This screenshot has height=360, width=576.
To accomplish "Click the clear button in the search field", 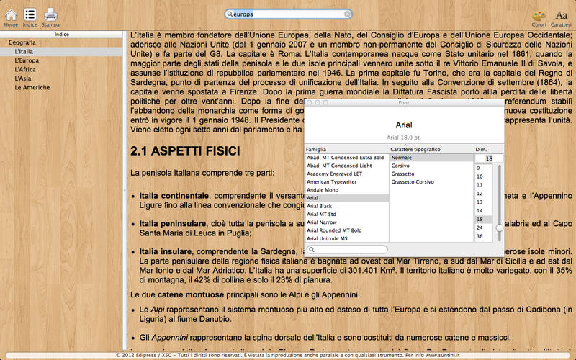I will (348, 14).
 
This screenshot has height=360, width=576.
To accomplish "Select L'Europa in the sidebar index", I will (27, 60).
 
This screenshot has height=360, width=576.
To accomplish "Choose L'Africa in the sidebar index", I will (25, 70).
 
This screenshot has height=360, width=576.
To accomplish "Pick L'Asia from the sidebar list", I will (23, 78).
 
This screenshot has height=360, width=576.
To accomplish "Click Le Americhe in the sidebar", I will (32, 88).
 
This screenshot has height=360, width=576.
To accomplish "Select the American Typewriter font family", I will (332, 181).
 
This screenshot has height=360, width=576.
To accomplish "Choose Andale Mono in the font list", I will (323, 190).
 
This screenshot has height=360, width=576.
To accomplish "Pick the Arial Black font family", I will (320, 206).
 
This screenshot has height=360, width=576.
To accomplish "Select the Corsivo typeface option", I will (401, 166).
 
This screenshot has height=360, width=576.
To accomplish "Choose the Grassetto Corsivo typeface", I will (413, 182).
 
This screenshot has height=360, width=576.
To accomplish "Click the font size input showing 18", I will (489, 158).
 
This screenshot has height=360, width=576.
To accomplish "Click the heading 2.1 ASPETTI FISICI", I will (180, 152).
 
